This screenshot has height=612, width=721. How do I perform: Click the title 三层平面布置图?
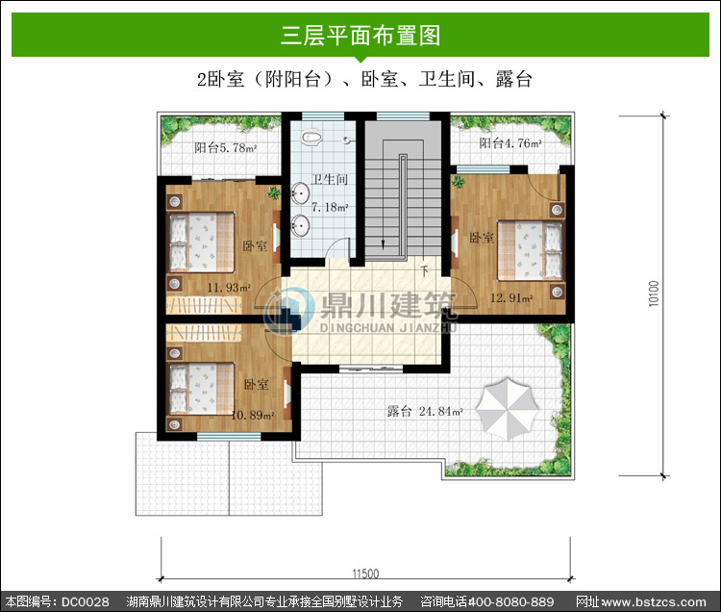coord(360,36)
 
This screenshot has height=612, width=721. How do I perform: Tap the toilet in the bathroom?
coord(312,137)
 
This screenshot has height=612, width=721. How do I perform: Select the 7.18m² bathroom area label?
coord(330,207)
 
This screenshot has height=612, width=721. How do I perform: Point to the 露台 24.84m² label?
coord(425,411)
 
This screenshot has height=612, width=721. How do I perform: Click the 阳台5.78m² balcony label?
coord(225,148)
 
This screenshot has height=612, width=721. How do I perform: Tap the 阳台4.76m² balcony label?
coord(510,143)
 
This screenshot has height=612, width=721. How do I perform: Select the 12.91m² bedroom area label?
coord(511,297)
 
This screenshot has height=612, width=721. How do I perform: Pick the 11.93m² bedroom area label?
coord(229,288)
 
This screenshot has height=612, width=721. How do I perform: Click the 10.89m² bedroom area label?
coord(253,415)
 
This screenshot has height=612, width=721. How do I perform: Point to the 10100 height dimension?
coord(654,293)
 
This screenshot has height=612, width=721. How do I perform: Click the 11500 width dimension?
coord(365,574)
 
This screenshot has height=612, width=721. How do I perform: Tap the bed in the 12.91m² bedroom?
coord(530,250)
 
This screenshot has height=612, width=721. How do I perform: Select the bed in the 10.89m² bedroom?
coord(202,389)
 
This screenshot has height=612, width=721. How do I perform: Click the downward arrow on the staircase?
coord(383,242)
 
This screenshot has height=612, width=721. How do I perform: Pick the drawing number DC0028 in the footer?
coord(86,601)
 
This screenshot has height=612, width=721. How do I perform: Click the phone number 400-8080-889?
coord(510,601)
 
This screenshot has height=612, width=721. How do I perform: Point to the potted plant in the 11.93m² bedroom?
coord(275,192)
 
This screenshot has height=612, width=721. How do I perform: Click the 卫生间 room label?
coord(330,179)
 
